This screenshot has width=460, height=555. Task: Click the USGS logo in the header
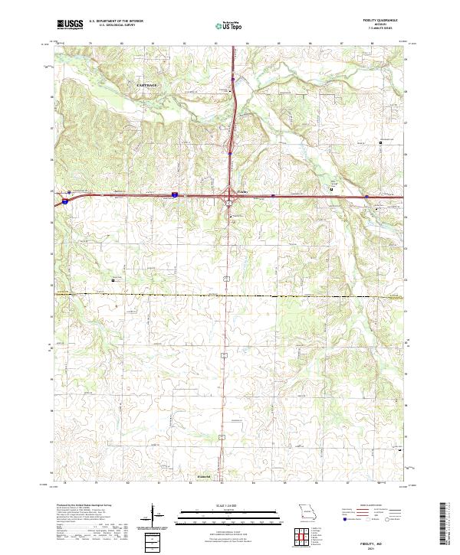[71, 24]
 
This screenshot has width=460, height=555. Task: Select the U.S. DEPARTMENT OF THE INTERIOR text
[117, 21]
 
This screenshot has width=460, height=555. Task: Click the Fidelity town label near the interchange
[242, 191]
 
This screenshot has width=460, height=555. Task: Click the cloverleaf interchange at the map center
[228, 198]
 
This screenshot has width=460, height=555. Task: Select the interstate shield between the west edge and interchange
[174, 195]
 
